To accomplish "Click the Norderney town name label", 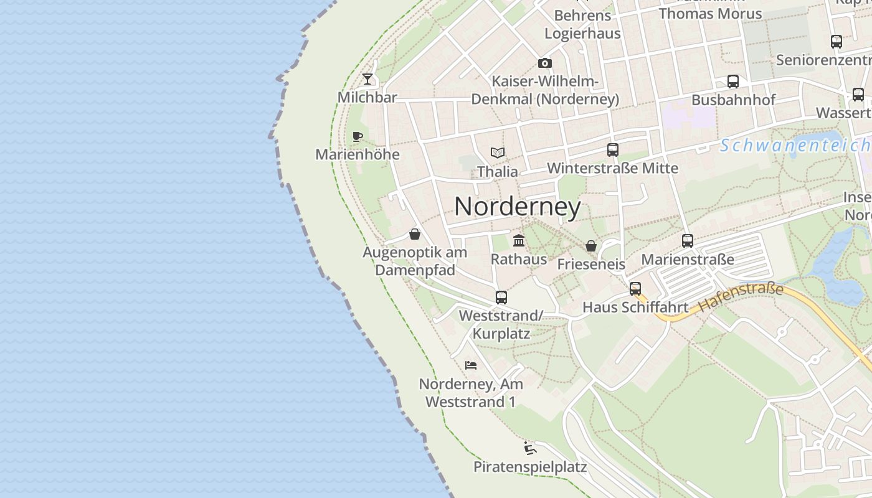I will [518, 207].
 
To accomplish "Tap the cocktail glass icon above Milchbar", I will [367, 79].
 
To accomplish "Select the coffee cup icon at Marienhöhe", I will [357, 136].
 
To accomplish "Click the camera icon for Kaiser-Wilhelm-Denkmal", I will [545, 63].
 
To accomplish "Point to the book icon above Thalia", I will [497, 153].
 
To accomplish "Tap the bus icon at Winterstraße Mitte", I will [613, 150].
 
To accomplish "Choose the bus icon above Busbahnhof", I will [733, 82].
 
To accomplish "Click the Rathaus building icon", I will [519, 240].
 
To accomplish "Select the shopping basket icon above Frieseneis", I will [591, 246].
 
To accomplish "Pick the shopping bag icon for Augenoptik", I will [415, 234].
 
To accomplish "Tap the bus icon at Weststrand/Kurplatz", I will [501, 298].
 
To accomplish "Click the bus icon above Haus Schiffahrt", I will [635, 289].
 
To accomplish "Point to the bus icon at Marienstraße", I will [688, 241].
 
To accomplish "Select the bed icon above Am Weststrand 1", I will [471, 365].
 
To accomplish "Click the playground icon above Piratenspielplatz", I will [530, 448].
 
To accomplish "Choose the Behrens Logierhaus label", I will [582, 24].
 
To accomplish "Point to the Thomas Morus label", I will [710, 13].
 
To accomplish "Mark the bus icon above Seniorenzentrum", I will [836, 42].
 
